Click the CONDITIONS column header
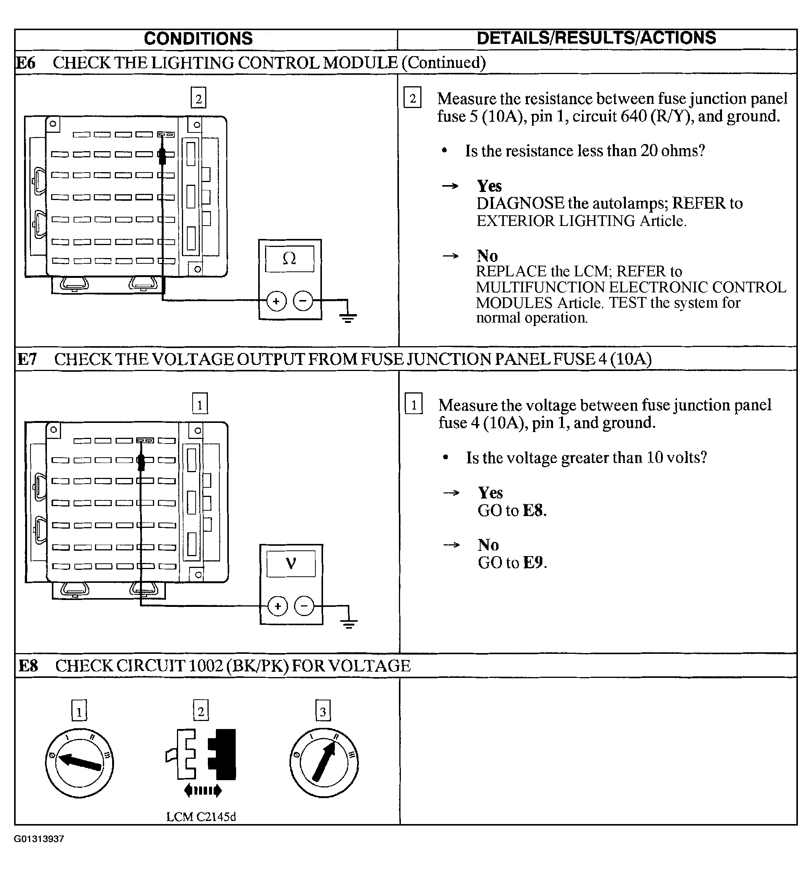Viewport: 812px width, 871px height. pos(198,39)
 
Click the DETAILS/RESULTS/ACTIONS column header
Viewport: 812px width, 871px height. pos(596,38)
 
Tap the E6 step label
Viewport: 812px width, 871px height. pos(26,63)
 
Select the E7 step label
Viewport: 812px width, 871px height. pos(27,359)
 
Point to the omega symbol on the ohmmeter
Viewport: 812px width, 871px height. pos(289,259)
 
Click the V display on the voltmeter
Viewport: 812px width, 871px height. pos(291,563)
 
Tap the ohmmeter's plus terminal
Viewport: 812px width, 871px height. pos(276,301)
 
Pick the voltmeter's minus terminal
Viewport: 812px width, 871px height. pos(304,606)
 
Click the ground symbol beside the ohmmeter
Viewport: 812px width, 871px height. pos(347,316)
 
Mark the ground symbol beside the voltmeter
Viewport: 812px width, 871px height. pos(349,622)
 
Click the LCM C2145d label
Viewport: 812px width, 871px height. pos(201,817)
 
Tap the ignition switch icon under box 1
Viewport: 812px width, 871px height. pos(79,763)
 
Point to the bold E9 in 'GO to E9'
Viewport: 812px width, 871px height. pos(534,563)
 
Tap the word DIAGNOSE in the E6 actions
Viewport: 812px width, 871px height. pos(520,203)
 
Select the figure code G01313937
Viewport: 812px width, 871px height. pos(39,839)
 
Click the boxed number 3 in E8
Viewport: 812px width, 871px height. pos(323,711)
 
